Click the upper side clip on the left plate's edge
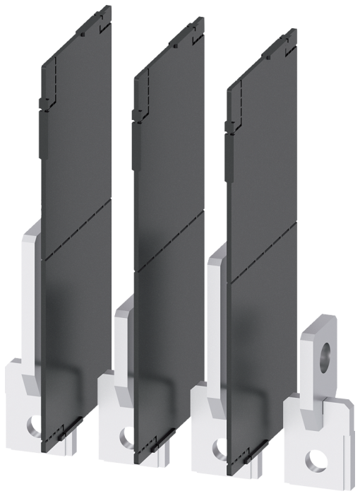click(44, 103)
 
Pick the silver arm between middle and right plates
click(216, 325)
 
